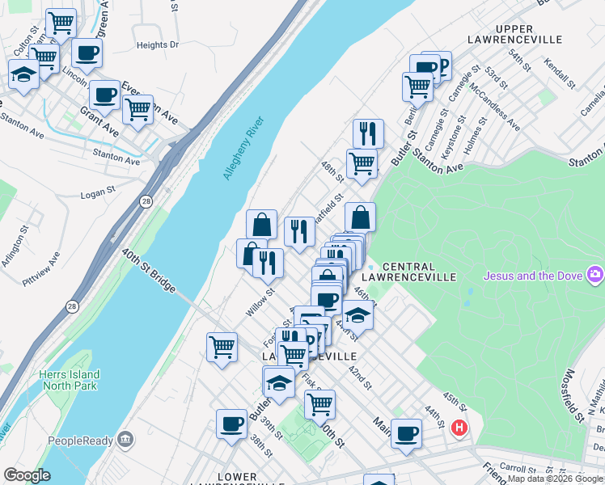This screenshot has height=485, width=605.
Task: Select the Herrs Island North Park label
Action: tap(70, 380)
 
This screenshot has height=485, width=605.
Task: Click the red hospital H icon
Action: tap(459, 428)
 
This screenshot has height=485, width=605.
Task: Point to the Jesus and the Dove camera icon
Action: tap(596, 276)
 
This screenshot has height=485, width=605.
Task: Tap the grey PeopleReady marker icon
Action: tap(125, 440)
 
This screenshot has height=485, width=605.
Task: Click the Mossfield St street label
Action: tap(573, 395)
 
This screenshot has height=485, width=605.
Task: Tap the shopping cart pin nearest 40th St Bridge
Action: tap(222, 347)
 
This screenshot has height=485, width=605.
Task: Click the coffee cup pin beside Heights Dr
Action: tap(87, 53)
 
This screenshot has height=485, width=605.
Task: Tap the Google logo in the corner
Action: tap(27, 475)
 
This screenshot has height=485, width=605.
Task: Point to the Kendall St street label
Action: tap(558, 74)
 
